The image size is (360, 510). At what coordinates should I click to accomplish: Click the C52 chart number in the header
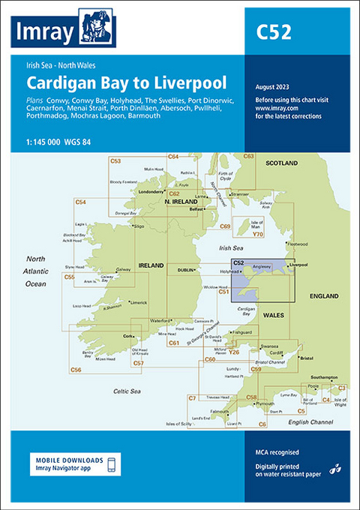pyautogui.click(x=272, y=32)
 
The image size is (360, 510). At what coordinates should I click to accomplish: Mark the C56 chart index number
pyautogui.click(x=75, y=370)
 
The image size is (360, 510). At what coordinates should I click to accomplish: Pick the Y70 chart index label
pyautogui.click(x=258, y=235)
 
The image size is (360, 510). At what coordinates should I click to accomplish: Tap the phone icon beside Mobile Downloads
pyautogui.click(x=112, y=464)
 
